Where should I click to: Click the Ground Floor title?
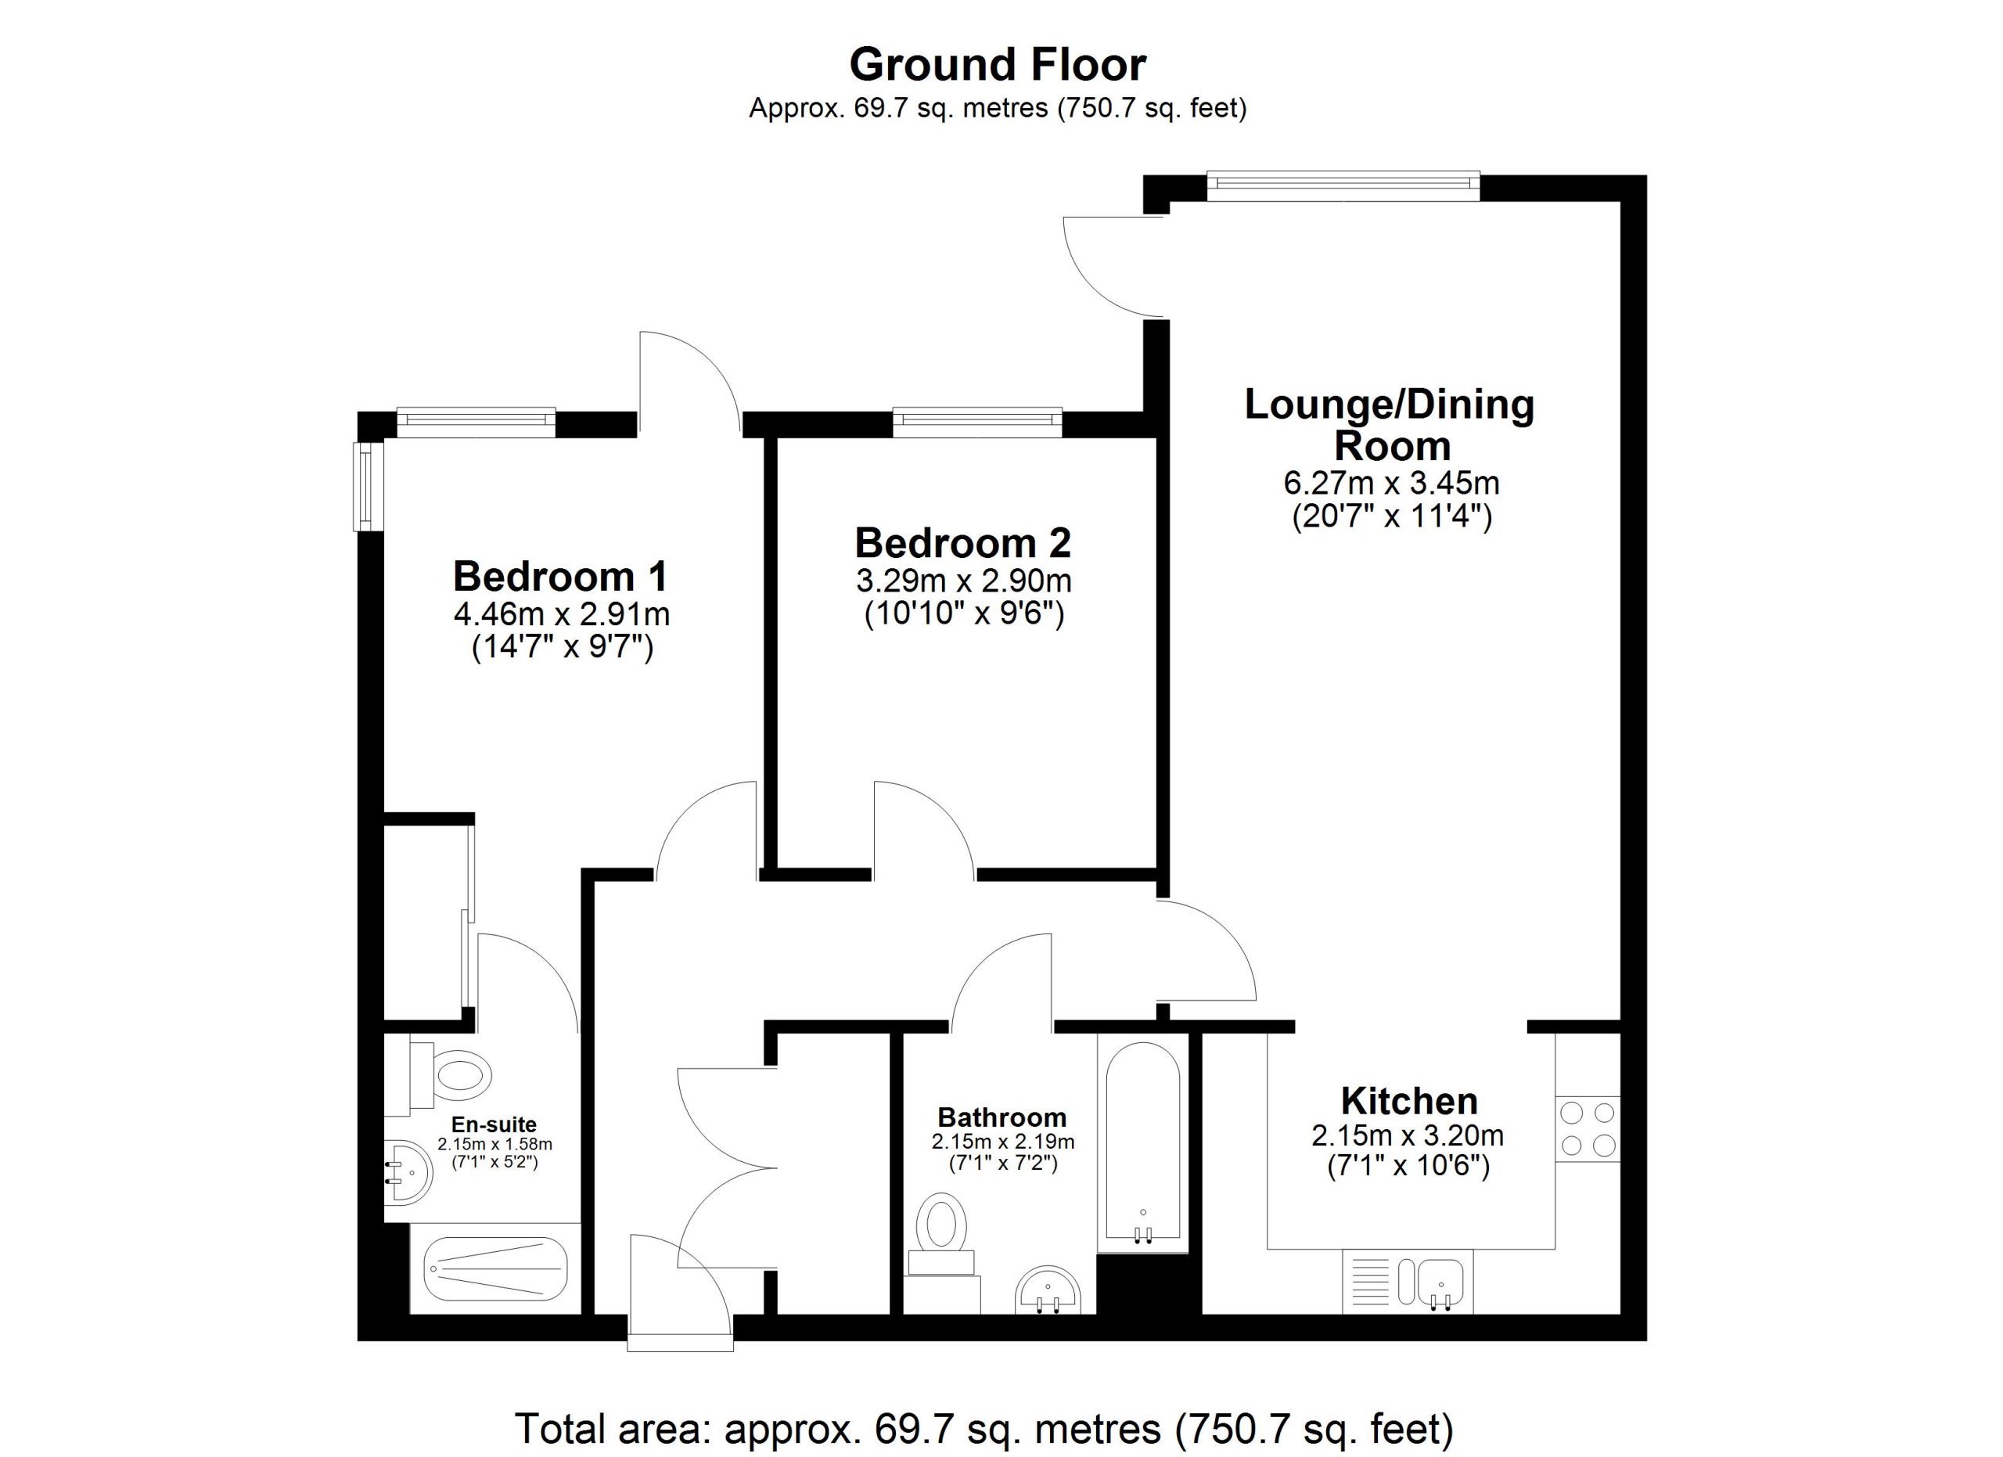click(x=998, y=64)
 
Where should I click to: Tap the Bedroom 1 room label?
click(x=561, y=577)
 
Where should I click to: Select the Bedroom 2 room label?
click(x=962, y=542)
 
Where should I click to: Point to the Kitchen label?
click(x=1408, y=1101)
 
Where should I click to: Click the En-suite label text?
click(x=494, y=1124)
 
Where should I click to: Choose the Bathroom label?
click(x=1001, y=1117)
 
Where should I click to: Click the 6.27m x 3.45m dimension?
click(x=1391, y=483)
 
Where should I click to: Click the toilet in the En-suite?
click(x=441, y=1075)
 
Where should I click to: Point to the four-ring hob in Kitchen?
click(x=1588, y=1128)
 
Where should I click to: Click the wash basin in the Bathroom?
click(x=1048, y=1290)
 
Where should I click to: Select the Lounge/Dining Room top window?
click(x=1343, y=182)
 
